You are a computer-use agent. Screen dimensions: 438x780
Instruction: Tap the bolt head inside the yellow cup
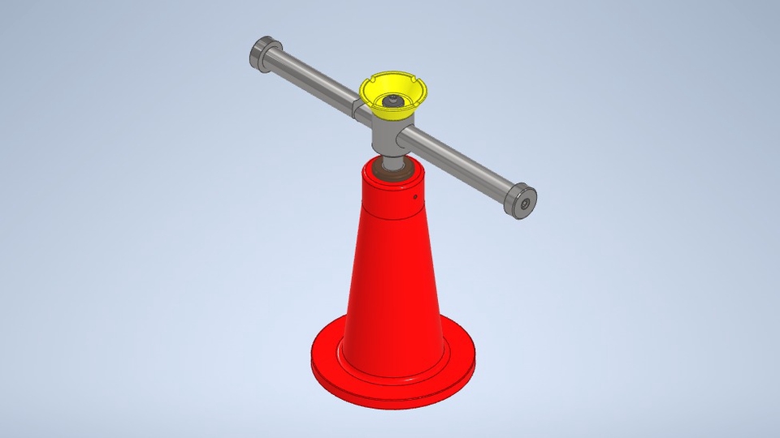pos(393,100)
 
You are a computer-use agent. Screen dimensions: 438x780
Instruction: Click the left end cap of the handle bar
pos(262,54)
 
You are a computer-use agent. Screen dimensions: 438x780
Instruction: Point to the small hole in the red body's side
pos(415,195)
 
